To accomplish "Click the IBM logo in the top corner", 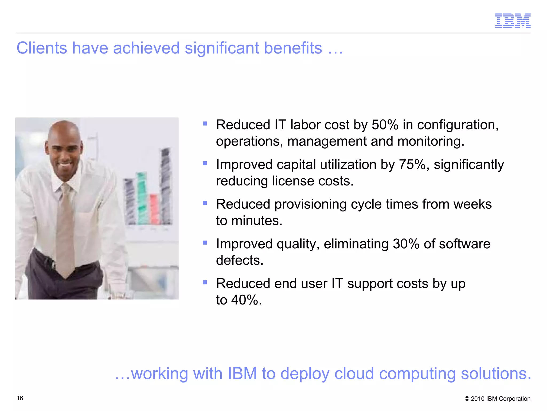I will [x=513, y=21].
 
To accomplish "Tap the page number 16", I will [x=20, y=398].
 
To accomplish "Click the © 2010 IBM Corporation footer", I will [x=497, y=398].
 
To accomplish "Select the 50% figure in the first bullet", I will [x=385, y=125].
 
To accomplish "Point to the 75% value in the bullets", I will [x=412, y=165].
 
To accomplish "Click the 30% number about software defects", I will [x=406, y=244].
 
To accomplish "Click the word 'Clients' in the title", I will [x=42, y=48].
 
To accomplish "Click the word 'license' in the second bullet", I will [x=289, y=181].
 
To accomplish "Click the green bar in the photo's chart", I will [x=142, y=198].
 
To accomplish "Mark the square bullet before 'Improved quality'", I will [x=205, y=243].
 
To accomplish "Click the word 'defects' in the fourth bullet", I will [x=238, y=260].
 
